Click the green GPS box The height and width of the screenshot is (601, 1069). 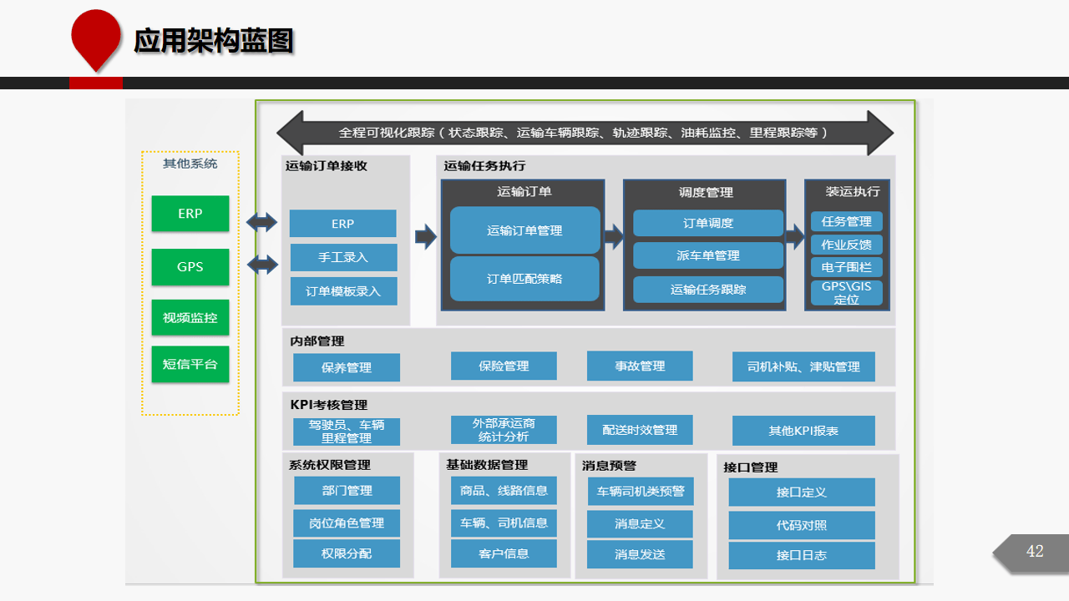[x=190, y=266]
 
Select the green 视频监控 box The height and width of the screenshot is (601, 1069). [x=190, y=317]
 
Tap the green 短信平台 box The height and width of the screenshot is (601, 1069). [x=190, y=364]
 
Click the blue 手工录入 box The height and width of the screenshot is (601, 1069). [x=343, y=258]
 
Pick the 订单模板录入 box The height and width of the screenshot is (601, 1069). [x=343, y=291]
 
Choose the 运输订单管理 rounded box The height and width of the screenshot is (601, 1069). [x=524, y=230]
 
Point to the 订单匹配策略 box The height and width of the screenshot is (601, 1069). [x=524, y=279]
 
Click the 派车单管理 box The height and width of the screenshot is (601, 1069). [x=707, y=255]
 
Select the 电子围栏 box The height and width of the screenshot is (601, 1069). [x=846, y=267]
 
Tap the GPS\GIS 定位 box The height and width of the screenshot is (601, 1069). [x=846, y=293]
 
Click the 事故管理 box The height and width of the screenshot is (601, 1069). [x=640, y=366]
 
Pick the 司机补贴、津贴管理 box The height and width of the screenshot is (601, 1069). [x=803, y=366]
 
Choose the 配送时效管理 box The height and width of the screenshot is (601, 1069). [x=640, y=430]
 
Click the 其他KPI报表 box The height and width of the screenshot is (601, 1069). [x=803, y=430]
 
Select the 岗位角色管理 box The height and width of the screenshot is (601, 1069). [x=347, y=523]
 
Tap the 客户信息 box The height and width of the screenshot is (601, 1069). [x=504, y=553]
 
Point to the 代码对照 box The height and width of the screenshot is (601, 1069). [x=802, y=525]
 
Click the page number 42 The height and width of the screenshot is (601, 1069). [x=1035, y=552]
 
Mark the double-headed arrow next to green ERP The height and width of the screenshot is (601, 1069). [x=261, y=222]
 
